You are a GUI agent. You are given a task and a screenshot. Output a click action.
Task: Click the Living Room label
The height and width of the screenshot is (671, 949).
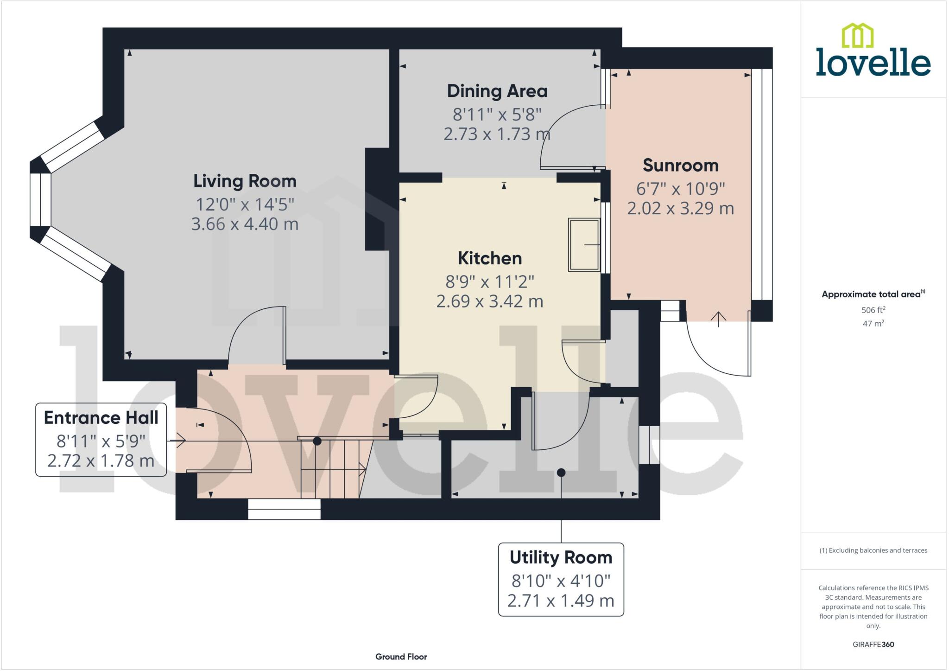point(245,181)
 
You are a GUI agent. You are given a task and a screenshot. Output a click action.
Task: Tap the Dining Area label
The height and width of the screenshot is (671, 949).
point(497,91)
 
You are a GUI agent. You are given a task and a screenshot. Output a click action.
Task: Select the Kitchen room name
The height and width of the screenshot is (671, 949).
point(490,258)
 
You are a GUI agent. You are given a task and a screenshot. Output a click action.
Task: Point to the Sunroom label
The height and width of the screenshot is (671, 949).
point(680,165)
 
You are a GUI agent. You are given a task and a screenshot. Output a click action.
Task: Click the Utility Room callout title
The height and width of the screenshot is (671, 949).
point(561,557)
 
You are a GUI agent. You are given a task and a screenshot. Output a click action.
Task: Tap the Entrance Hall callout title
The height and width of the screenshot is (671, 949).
point(101,418)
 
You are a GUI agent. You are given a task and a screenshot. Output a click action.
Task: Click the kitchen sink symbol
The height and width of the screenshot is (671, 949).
point(584,244)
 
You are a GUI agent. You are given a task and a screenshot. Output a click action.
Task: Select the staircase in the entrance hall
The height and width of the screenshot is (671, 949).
point(331,468)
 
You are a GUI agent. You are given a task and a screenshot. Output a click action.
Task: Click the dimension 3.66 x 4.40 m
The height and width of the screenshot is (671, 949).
point(245,224)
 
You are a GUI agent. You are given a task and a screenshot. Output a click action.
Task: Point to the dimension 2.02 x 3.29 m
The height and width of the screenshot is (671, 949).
point(680,208)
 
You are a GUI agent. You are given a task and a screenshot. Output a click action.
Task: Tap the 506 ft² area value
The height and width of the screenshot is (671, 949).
point(873,310)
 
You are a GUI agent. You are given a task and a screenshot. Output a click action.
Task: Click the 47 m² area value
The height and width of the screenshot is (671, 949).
point(873,323)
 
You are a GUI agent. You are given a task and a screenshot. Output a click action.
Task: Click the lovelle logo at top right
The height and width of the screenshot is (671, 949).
point(873,51)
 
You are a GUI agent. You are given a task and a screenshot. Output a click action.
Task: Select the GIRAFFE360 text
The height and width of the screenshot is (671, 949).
point(873,644)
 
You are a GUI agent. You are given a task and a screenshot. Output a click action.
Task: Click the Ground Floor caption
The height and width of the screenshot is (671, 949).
point(401,657)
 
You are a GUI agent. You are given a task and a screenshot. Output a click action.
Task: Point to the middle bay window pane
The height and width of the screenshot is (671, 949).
point(40,199)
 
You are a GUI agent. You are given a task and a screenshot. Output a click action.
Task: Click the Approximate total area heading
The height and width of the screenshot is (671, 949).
point(873,294)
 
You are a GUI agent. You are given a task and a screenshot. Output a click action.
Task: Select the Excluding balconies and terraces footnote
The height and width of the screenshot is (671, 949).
point(873,550)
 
